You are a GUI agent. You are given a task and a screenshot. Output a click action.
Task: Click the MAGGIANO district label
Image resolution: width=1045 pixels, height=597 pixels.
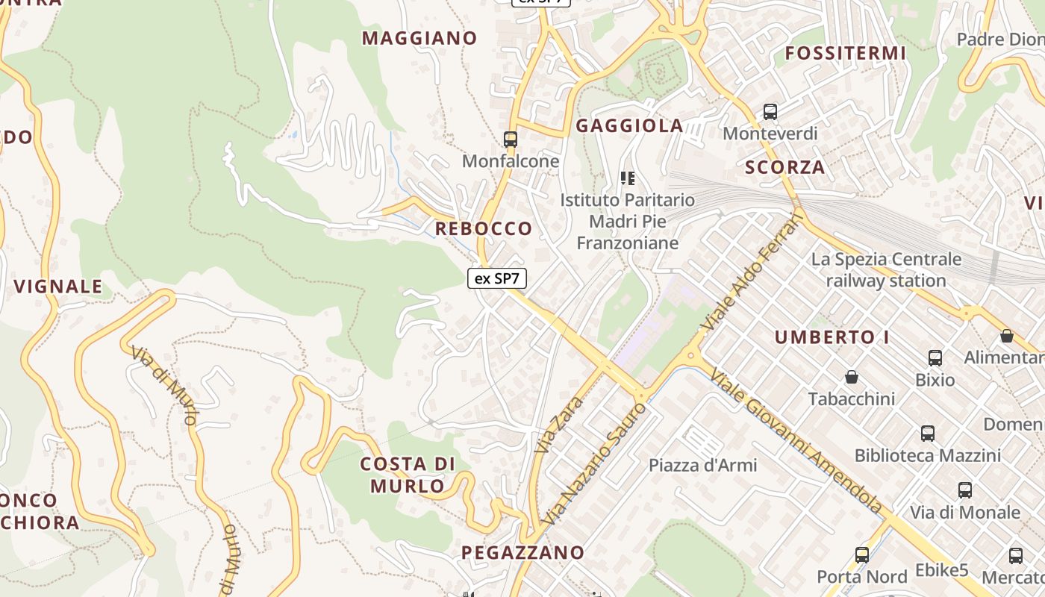click(x=419, y=38)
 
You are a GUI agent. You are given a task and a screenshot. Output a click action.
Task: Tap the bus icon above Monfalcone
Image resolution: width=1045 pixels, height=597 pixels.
click(x=511, y=140)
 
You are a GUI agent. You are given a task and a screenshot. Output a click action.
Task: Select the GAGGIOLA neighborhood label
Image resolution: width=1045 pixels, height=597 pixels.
click(x=629, y=126)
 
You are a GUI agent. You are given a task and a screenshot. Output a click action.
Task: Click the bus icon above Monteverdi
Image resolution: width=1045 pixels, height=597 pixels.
click(x=770, y=113)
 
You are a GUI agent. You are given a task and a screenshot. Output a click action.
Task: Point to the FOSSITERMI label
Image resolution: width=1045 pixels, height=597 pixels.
click(x=846, y=54)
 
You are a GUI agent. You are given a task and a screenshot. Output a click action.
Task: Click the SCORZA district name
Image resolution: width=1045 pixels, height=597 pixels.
click(x=785, y=167)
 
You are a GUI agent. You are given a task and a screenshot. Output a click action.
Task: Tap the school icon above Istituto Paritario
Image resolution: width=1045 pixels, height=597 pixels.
click(x=628, y=178)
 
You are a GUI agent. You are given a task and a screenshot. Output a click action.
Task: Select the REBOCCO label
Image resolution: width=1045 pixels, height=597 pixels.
click(x=484, y=228)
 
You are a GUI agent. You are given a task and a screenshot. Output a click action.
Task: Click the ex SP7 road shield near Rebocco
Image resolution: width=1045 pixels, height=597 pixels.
click(x=497, y=279)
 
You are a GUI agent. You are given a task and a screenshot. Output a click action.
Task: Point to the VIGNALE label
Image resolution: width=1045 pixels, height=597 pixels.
click(x=58, y=287)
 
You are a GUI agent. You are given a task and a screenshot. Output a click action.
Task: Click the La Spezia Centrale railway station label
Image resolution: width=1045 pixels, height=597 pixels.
click(x=886, y=270)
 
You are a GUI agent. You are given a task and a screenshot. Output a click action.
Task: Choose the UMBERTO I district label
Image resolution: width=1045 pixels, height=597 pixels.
click(x=832, y=337)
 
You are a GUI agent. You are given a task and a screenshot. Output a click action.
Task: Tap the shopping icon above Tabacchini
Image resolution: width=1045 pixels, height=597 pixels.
click(x=852, y=377)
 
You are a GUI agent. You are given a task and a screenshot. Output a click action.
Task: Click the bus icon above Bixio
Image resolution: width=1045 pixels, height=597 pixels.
click(x=935, y=358)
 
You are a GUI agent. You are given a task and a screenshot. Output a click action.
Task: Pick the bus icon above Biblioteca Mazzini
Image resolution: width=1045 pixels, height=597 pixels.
click(x=928, y=434)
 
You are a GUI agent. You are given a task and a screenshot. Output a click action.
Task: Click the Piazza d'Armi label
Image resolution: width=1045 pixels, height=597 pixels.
click(x=702, y=466)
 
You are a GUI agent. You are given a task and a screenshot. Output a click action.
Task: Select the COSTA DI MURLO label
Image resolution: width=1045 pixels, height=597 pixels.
click(x=408, y=475)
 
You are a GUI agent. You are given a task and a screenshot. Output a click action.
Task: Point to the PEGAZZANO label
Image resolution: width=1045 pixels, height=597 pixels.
click(x=522, y=553)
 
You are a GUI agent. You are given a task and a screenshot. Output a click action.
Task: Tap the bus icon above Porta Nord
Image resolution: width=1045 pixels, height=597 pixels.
click(x=862, y=555)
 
